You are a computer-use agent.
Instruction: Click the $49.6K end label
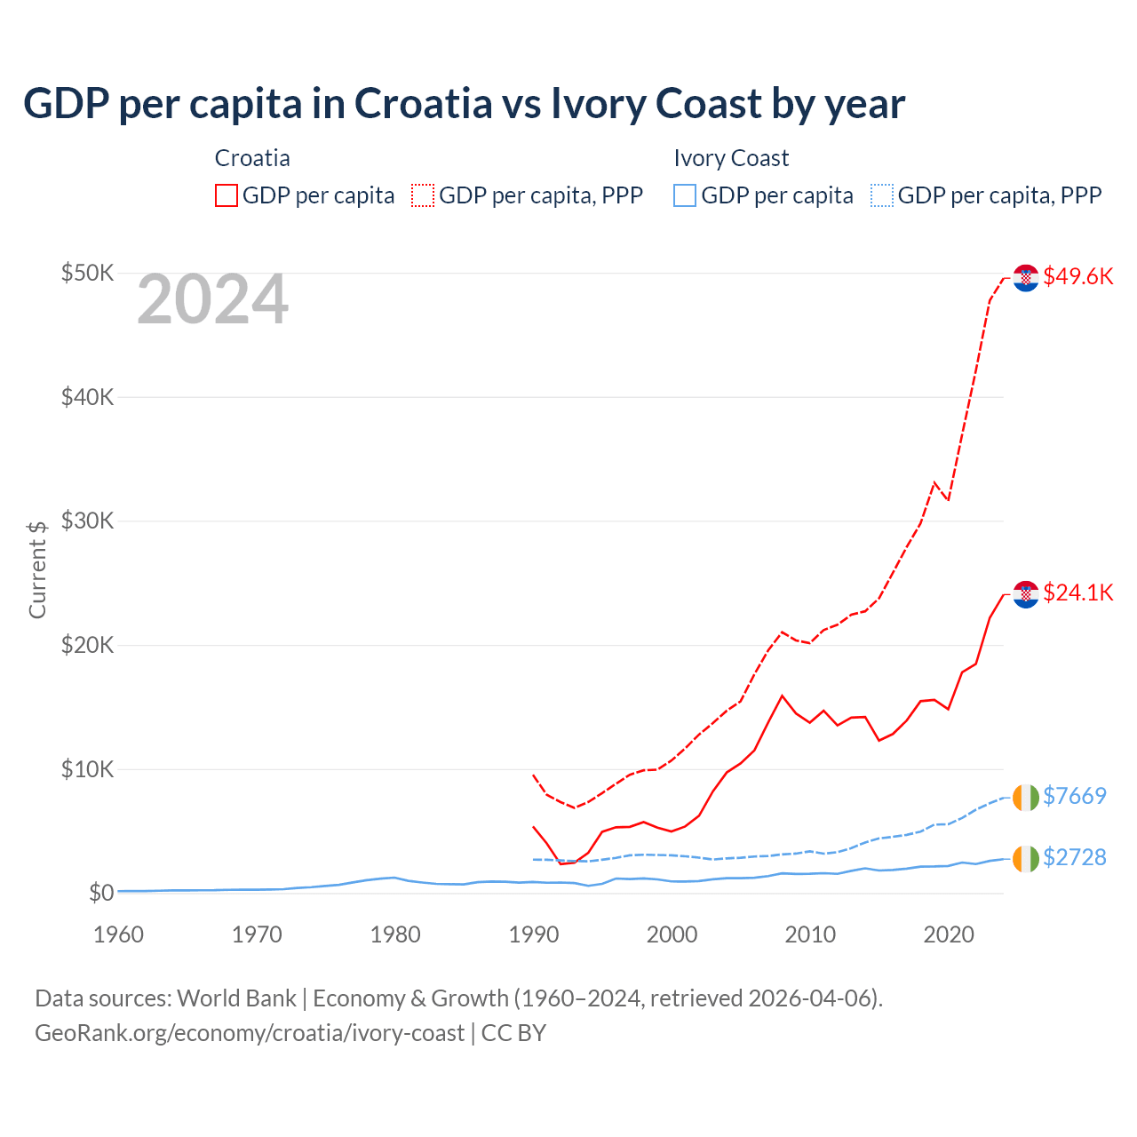(x=1077, y=276)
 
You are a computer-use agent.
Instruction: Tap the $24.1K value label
(x=1077, y=592)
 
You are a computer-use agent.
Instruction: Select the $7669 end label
(x=1074, y=796)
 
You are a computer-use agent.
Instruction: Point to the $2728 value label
(x=1074, y=857)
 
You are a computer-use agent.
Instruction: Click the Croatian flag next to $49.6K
(x=1026, y=278)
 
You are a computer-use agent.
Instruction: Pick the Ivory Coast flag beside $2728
(x=1026, y=859)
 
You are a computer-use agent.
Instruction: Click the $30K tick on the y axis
(x=87, y=521)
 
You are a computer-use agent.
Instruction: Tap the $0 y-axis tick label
(x=101, y=893)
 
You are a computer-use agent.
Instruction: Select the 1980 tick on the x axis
(x=395, y=934)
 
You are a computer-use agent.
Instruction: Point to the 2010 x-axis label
(x=810, y=934)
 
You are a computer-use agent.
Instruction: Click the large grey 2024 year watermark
(x=212, y=300)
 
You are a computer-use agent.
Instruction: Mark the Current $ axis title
(x=37, y=569)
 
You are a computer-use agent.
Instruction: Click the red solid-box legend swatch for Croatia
(x=227, y=195)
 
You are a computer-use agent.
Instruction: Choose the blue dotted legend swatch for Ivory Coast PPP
(x=882, y=195)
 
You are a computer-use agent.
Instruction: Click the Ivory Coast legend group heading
(x=731, y=158)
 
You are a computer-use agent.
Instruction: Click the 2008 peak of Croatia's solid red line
(x=782, y=696)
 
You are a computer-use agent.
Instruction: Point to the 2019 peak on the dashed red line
(x=934, y=482)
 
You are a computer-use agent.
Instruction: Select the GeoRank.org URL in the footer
(x=250, y=1033)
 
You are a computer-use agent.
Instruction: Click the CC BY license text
(x=513, y=1033)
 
